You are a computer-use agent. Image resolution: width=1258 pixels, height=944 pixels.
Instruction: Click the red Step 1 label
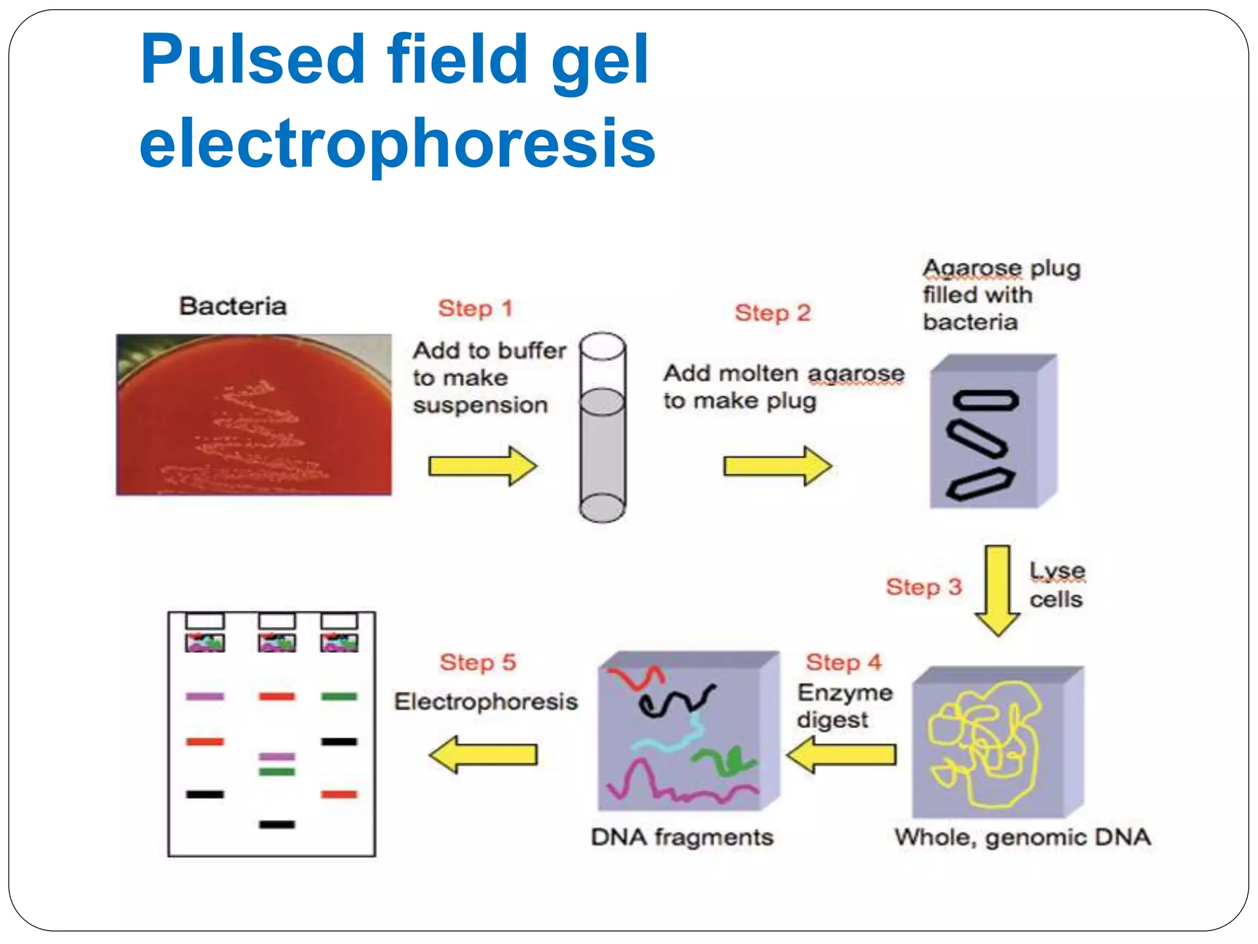pyautogui.click(x=475, y=309)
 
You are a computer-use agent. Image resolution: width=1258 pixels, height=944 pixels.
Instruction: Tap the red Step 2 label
pyautogui.click(x=773, y=313)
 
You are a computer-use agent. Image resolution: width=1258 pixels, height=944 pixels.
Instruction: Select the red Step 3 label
pyautogui.click(x=923, y=587)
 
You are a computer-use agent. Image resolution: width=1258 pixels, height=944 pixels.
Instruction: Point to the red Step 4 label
pyautogui.click(x=843, y=663)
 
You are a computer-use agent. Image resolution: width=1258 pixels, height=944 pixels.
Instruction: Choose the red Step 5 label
pyautogui.click(x=477, y=663)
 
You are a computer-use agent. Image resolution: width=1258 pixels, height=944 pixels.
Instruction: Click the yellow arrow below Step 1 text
pyautogui.click(x=482, y=466)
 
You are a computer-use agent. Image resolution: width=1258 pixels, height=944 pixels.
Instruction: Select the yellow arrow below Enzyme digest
pyautogui.click(x=841, y=754)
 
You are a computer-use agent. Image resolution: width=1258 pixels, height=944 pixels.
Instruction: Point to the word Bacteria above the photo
pyautogui.click(x=233, y=306)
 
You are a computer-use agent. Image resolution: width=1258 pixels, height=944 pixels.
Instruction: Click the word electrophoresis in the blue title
pyautogui.click(x=397, y=143)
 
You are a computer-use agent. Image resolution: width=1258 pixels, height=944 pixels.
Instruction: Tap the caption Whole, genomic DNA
pyautogui.click(x=1022, y=837)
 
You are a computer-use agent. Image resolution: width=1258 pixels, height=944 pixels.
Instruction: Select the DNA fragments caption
pyautogui.click(x=682, y=837)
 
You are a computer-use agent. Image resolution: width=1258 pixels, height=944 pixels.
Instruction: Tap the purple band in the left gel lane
pyautogui.click(x=205, y=696)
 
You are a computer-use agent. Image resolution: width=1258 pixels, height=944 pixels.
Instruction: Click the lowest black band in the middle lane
pyautogui.click(x=277, y=824)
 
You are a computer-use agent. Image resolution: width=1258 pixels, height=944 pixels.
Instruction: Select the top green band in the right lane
pyautogui.click(x=339, y=696)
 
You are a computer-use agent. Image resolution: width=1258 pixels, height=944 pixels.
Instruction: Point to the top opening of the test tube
pyautogui.click(x=603, y=346)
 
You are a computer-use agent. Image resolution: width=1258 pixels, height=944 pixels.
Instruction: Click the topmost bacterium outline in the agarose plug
pyautogui.click(x=985, y=401)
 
